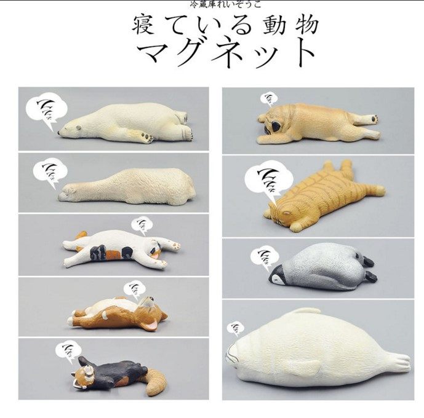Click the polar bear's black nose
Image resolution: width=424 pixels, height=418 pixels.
point(60,131)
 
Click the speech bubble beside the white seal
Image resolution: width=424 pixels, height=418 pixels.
point(236,329)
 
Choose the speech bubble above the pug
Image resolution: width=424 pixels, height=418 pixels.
point(269,99)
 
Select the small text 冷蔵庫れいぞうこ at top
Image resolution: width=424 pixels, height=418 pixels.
point(226,4)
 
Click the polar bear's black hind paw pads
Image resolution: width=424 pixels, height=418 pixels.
point(148,138)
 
